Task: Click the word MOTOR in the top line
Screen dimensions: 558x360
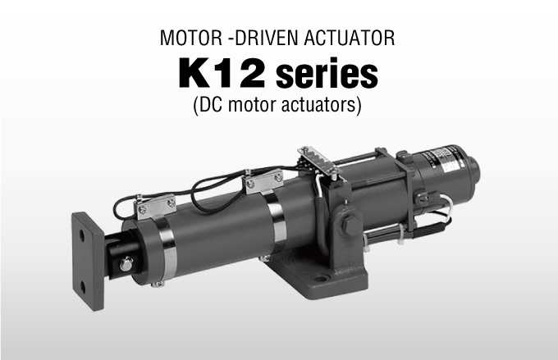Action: pyautogui.click(x=191, y=38)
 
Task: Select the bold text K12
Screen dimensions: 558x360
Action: pyautogui.click(x=222, y=74)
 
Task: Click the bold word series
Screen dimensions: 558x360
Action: pyautogui.click(x=327, y=75)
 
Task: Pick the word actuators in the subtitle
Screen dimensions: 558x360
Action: pyautogui.click(x=320, y=105)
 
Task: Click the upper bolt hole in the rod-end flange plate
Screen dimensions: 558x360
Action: pyautogui.click(x=82, y=235)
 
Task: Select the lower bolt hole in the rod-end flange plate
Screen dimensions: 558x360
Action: pyautogui.click(x=83, y=287)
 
